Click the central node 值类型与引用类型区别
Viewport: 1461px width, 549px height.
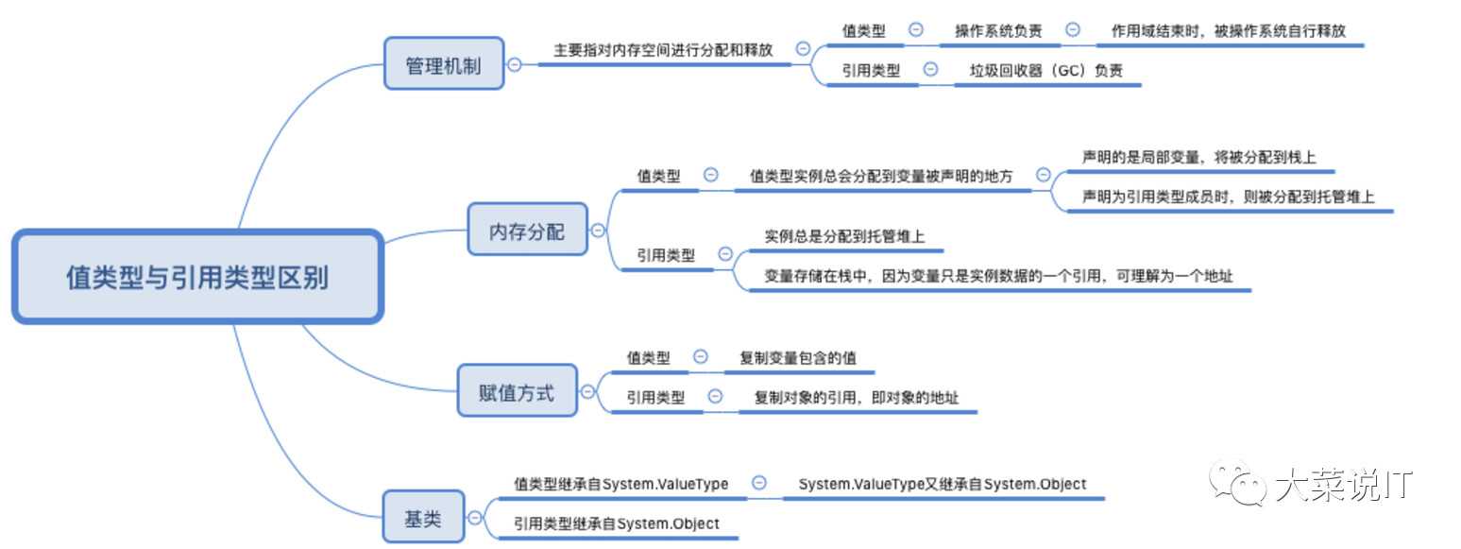click(x=197, y=277)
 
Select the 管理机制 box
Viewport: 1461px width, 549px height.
click(x=443, y=65)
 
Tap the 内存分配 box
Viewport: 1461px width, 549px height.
click(x=527, y=230)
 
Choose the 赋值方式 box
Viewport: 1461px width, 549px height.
click(x=517, y=392)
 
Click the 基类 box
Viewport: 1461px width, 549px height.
click(x=422, y=517)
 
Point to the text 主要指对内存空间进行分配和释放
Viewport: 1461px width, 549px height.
click(x=663, y=50)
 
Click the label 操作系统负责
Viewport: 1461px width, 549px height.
click(x=998, y=31)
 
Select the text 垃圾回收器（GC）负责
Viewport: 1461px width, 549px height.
click(x=1045, y=70)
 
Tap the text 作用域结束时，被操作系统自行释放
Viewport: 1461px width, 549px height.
click(x=1228, y=31)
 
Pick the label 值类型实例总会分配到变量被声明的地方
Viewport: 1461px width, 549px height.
click(x=881, y=176)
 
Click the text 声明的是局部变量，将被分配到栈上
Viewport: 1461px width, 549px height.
click(x=1198, y=157)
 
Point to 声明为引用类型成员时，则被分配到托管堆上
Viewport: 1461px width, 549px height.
click(x=1228, y=197)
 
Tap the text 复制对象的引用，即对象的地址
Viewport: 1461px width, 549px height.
click(x=856, y=398)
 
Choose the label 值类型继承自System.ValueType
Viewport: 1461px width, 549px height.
click(x=620, y=484)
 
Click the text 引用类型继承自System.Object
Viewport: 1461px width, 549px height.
click(x=616, y=523)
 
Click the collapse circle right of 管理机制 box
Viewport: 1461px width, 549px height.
click(x=515, y=65)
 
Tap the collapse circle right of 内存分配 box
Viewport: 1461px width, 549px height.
click(x=598, y=230)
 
